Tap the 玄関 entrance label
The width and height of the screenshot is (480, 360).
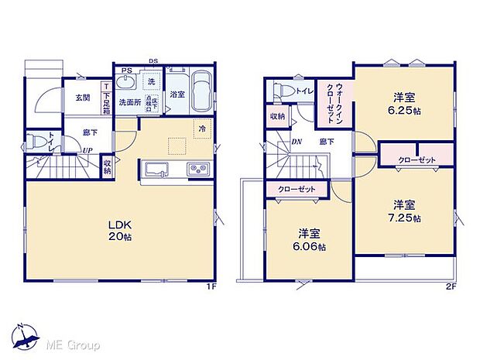click(82, 98)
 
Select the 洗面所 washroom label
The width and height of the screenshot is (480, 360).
click(130, 102)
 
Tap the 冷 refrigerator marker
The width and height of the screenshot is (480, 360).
click(201, 129)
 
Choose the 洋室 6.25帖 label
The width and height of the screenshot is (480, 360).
click(404, 103)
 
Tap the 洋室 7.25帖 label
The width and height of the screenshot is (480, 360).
click(405, 211)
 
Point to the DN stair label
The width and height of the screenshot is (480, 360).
click(297, 140)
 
